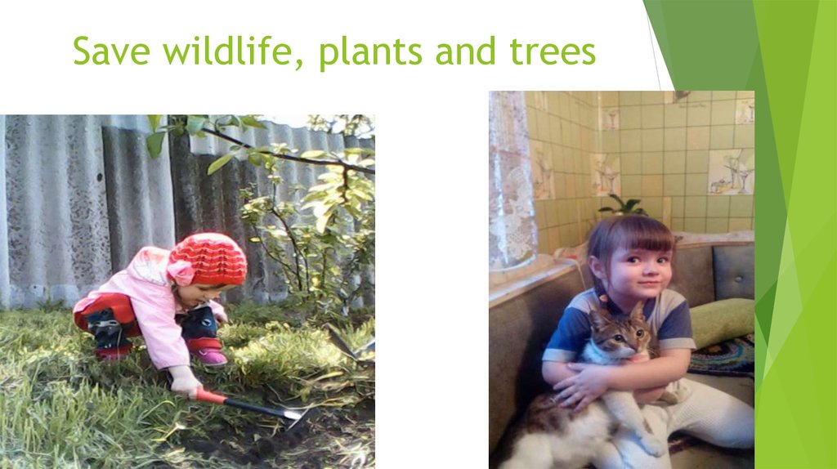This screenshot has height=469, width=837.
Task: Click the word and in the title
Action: click(463, 52)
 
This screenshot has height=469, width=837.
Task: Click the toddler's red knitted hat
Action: click(209, 258)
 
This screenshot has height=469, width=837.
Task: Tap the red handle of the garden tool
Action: click(212, 397)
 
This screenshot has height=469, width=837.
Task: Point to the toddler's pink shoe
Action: click(210, 356)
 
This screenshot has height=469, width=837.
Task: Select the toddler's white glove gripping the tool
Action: click(185, 381)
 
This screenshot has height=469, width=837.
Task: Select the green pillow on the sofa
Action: click(722, 320)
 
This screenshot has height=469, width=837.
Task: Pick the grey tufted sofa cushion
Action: click(733, 272)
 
